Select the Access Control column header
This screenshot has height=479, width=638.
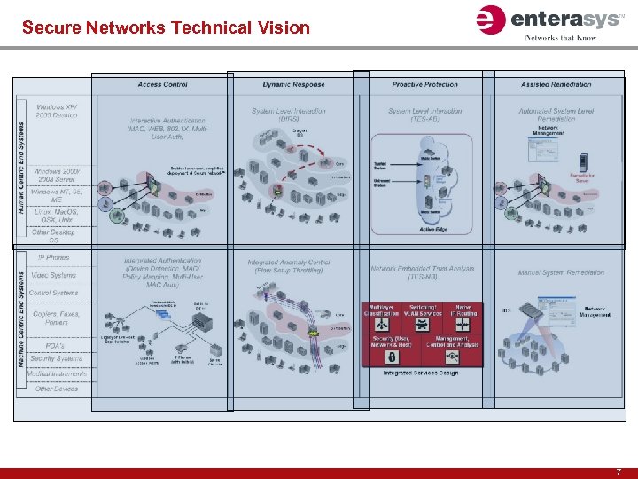click(x=162, y=85)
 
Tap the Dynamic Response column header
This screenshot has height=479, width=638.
click(x=293, y=85)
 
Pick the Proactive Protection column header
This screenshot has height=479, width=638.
click(x=424, y=85)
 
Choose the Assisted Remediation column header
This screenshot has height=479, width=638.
click(x=554, y=85)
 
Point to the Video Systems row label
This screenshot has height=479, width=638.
click(x=53, y=275)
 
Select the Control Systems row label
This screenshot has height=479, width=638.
click(x=53, y=293)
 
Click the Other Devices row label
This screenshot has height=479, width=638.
click(x=55, y=389)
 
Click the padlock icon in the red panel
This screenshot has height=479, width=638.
click(x=391, y=357)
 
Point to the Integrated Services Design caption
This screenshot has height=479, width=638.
click(x=422, y=373)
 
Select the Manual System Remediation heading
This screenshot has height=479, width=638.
click(x=561, y=272)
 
